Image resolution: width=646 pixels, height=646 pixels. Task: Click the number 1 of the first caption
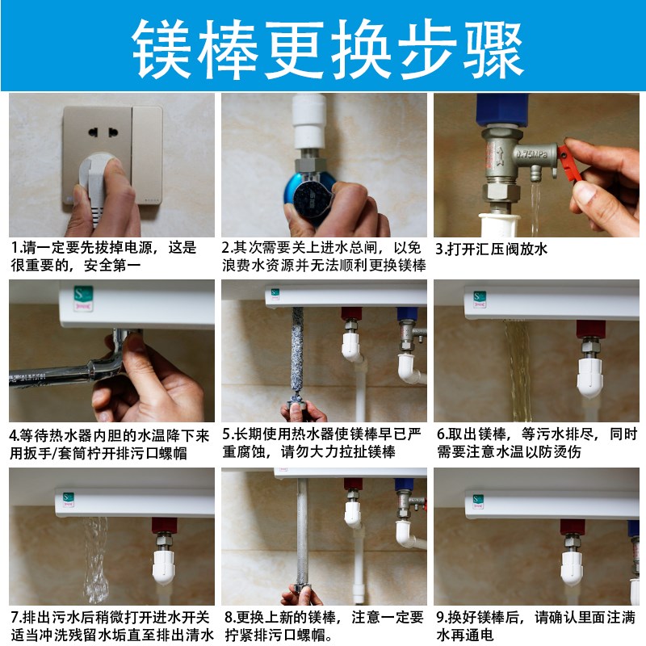coord(14,248)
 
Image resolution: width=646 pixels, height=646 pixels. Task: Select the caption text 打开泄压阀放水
coord(496,249)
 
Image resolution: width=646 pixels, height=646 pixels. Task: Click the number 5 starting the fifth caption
coord(227,434)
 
